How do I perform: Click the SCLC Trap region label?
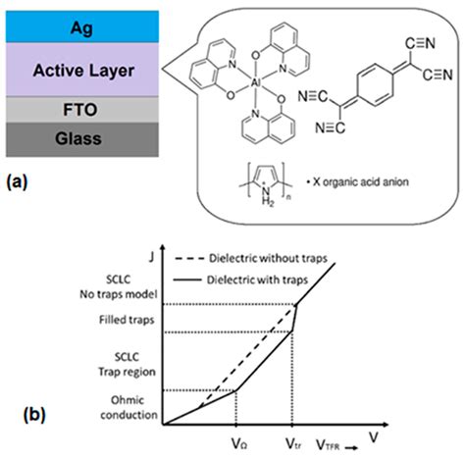(129, 363)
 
